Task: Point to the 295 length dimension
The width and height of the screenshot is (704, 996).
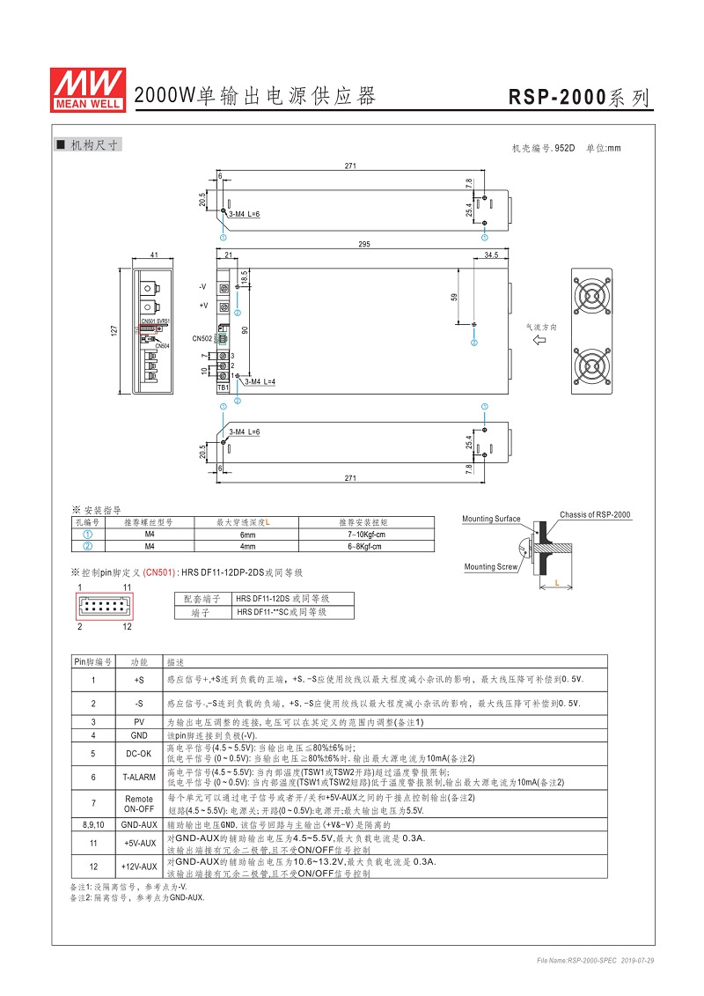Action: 363,245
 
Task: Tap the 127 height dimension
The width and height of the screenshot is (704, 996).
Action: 114,330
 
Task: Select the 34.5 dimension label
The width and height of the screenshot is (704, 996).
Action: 491,255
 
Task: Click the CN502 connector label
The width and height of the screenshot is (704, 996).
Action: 202,338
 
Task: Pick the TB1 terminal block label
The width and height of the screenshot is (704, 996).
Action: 223,387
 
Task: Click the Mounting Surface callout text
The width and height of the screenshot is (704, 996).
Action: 491,519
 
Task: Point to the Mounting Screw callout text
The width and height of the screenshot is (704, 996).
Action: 490,567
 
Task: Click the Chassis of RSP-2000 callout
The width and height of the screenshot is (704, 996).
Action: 595,514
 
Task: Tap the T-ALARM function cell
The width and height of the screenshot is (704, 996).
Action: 138,777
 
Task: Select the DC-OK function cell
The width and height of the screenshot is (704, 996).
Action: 138,753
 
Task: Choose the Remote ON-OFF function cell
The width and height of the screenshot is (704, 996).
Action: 138,803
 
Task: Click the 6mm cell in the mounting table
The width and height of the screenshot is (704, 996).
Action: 248,535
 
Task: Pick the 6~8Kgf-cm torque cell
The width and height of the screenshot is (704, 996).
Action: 367,546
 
